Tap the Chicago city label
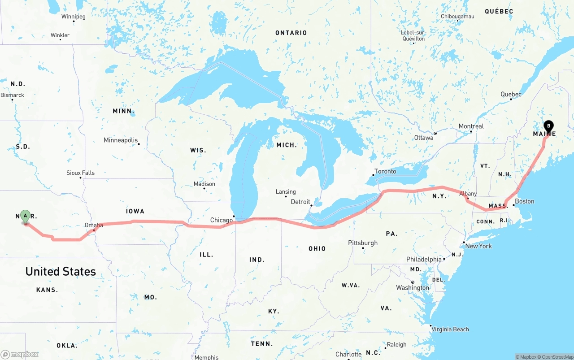tap(222, 220)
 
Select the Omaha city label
tap(94, 226)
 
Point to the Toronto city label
tap(385, 171)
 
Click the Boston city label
tap(524, 201)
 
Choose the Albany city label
tap(468, 194)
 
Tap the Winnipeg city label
tap(73, 17)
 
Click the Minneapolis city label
tap(121, 140)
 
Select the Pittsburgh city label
tap(363, 243)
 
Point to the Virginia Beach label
tap(450, 330)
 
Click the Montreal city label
tap(471, 126)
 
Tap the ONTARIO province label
tap(291, 33)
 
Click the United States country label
tap(61, 271)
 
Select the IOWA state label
tap(135, 211)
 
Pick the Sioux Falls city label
tap(81, 173)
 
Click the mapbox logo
tap(20, 354)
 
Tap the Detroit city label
tap(300, 202)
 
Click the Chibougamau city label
tap(457, 17)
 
